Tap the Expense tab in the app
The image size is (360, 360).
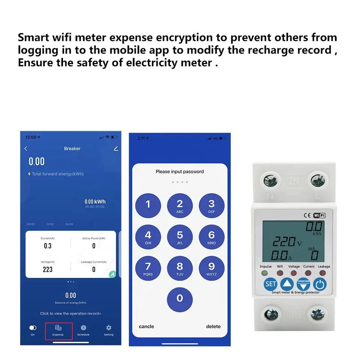pyautogui.click(x=58, y=330)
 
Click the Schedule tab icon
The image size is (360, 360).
pyautogui.click(x=83, y=328)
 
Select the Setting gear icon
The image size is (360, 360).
pyautogui.click(x=109, y=328)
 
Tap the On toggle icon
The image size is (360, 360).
pyautogui.click(x=33, y=328)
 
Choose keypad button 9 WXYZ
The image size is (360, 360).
pyautogui.click(x=211, y=268)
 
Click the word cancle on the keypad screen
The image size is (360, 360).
pyautogui.click(x=146, y=327)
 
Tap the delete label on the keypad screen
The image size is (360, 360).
pyautogui.click(x=213, y=327)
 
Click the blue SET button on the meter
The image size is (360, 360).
pyautogui.click(x=271, y=284)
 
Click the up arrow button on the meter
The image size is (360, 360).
pyautogui.click(x=287, y=284)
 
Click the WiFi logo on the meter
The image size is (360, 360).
pyautogui.click(x=319, y=215)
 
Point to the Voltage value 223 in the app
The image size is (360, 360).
pyautogui.click(x=48, y=269)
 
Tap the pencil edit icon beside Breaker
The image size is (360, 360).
pyautogui.click(x=115, y=148)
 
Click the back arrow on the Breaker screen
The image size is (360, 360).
pyautogui.click(x=26, y=148)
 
